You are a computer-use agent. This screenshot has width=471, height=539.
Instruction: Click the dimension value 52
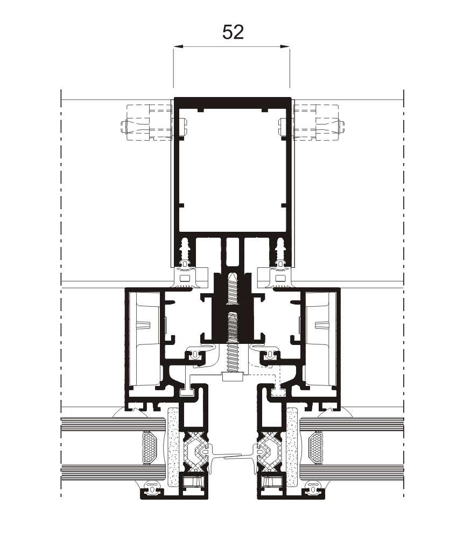pyautogui.click(x=233, y=32)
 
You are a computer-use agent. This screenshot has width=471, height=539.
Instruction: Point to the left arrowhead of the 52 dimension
pyautogui.click(x=177, y=47)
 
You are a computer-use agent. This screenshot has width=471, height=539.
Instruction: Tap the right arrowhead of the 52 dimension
pyautogui.click(x=286, y=47)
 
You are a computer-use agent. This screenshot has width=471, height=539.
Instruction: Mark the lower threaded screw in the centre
pyautogui.click(x=232, y=345)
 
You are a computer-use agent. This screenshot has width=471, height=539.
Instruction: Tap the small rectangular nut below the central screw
pyautogui.click(x=232, y=377)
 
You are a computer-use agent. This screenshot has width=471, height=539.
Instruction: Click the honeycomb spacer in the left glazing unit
pyautogui.click(x=149, y=447)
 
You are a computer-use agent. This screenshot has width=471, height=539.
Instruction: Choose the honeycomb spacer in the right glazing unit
pyautogui.click(x=315, y=447)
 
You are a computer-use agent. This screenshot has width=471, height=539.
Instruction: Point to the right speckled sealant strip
pyautogui.click(x=292, y=447)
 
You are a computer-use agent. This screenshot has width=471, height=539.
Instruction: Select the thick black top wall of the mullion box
pyautogui.click(x=232, y=103)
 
